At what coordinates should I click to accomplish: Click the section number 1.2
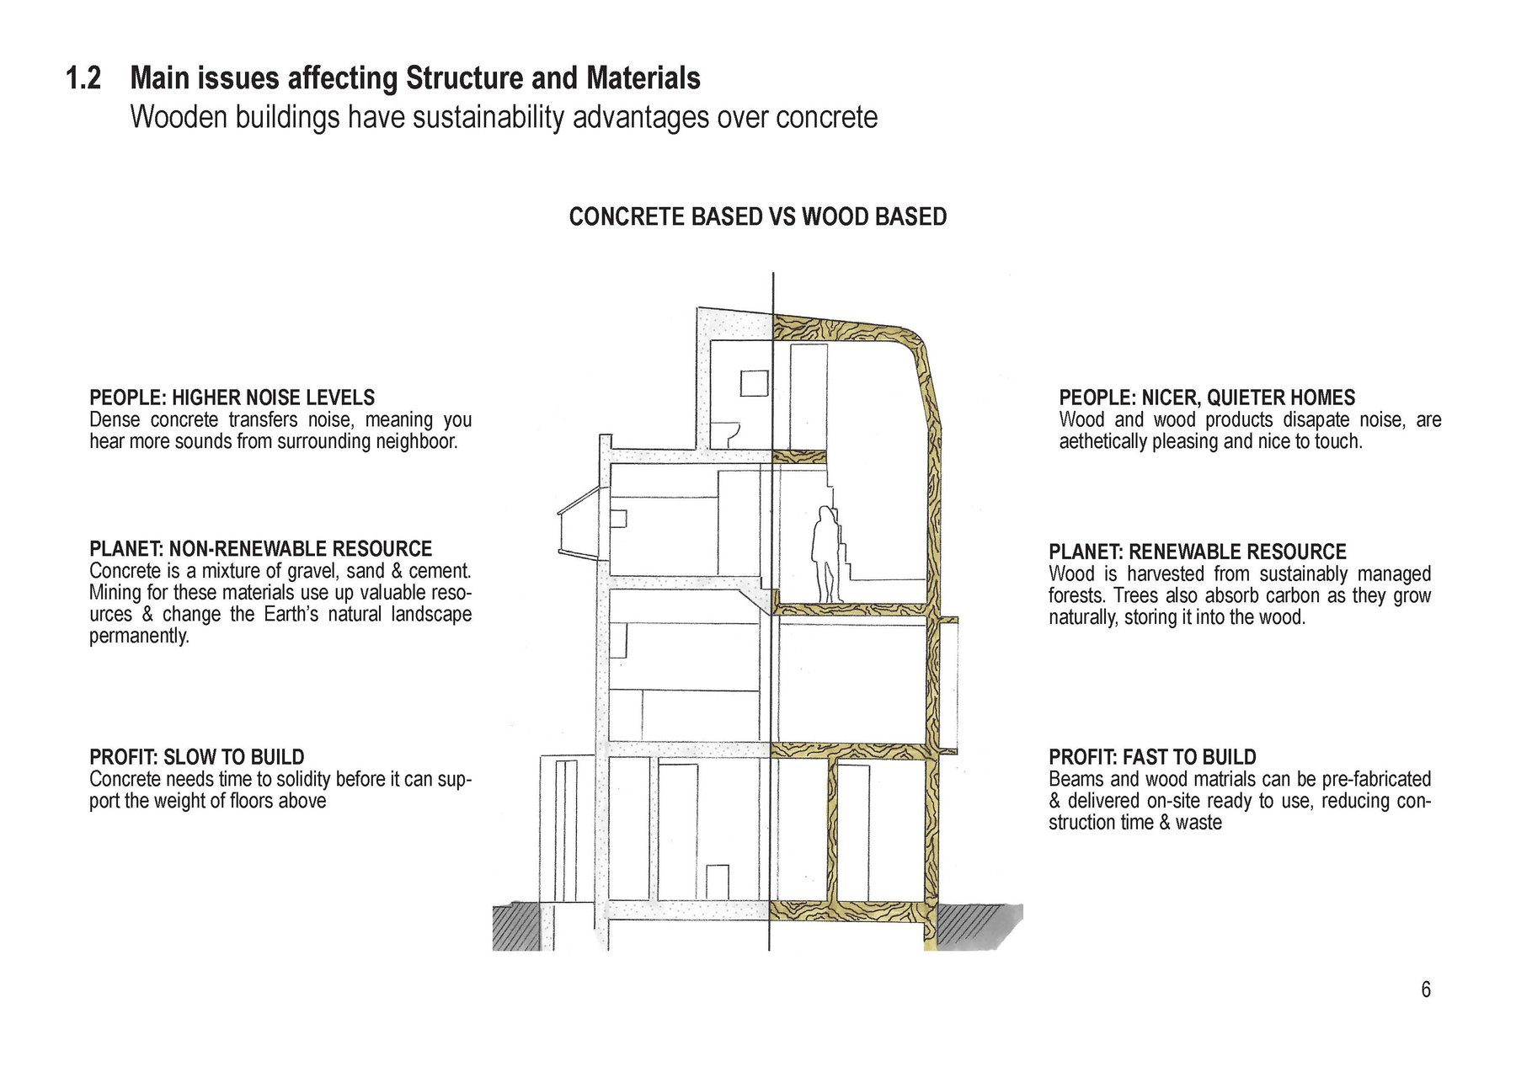point(83,78)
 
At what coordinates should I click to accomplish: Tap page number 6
point(1426,989)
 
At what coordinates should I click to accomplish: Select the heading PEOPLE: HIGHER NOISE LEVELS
point(232,397)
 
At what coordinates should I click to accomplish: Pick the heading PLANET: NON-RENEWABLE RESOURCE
point(261,549)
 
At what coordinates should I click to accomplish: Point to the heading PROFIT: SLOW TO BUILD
point(197,756)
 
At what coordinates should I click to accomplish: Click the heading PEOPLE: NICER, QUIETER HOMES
point(1207,397)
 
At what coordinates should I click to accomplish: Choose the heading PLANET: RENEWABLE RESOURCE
point(1198,552)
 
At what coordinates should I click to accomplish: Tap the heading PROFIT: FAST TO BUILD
point(1153,756)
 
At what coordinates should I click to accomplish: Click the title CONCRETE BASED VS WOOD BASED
point(758,216)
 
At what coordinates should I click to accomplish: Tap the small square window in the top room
point(755,383)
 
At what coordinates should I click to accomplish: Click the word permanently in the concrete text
point(140,636)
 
